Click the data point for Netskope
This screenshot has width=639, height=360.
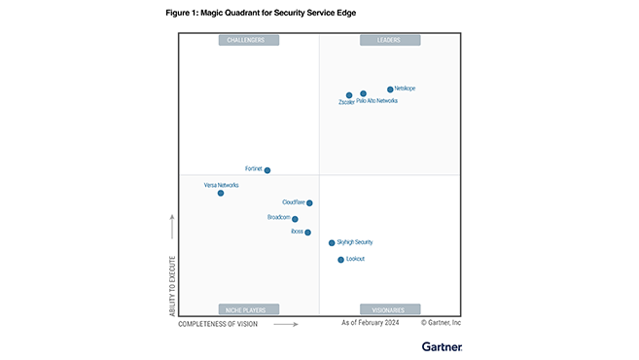[390, 90]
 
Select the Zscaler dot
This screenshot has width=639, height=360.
[349, 95]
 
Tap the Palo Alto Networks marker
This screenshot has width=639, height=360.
[363, 94]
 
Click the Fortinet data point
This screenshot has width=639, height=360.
[267, 170]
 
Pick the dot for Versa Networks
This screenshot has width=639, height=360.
[221, 193]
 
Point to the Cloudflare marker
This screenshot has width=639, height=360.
[309, 203]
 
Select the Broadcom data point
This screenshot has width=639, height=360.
[295, 219]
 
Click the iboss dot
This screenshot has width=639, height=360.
[307, 233]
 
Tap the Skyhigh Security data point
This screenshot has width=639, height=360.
[332, 243]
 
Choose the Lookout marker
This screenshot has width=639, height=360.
[340, 260]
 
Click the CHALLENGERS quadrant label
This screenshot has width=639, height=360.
[248, 40]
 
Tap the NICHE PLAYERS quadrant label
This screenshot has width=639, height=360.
[248, 309]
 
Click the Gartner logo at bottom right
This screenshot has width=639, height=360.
[442, 345]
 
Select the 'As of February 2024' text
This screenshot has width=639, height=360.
[371, 322]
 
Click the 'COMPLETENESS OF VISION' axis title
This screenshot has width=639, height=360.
[218, 323]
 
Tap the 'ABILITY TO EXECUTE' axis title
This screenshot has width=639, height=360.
[172, 273]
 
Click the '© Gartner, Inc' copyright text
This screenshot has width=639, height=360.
[441, 322]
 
